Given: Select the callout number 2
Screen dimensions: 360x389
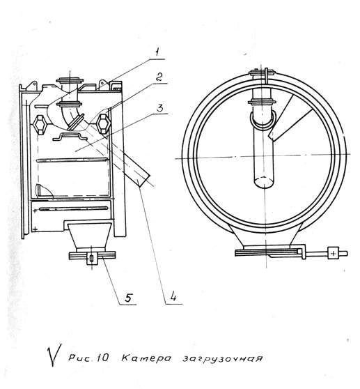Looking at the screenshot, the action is tap(159, 77).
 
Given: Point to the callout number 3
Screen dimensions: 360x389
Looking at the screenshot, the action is tap(160, 108).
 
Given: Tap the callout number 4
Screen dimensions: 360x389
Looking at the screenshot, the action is tap(173, 296).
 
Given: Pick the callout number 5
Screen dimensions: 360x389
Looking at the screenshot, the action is tap(128, 298).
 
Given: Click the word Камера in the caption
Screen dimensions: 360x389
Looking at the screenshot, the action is tap(146, 358).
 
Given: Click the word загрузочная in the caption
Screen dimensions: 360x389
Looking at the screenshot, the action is tap(222, 359).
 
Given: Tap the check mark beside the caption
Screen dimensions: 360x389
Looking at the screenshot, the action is tap(54, 355).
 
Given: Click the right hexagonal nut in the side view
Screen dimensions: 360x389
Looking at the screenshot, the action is tap(103, 124).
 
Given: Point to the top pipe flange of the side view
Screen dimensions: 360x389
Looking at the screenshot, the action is tap(70, 80).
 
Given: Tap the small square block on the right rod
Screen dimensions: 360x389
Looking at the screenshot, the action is tap(333, 253).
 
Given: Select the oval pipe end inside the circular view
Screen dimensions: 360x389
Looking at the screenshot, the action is tap(265, 182).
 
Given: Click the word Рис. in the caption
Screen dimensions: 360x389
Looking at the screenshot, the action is tap(81, 358).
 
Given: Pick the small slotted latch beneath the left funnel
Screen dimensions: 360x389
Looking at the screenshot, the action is tap(91, 259).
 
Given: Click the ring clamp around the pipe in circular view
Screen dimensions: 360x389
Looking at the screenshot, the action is tap(263, 121).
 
